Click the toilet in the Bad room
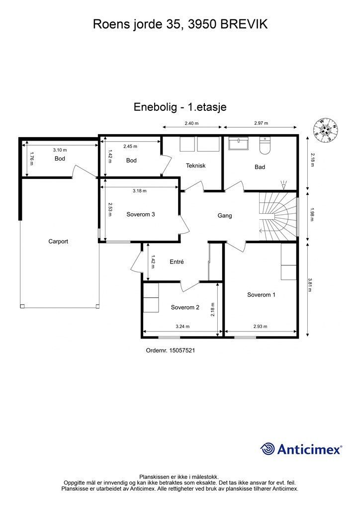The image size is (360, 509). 265,146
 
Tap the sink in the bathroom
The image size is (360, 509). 239,143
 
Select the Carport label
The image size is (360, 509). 59,241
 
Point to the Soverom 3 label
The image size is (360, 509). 141,214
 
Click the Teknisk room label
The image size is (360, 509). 196,166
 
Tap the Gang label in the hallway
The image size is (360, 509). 225,216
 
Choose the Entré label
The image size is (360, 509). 177,261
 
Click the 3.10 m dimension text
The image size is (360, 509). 60,150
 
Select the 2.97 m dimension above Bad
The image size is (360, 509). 262,123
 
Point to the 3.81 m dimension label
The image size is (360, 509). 310,285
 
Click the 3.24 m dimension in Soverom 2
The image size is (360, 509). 183,327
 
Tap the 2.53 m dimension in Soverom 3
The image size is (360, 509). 109,209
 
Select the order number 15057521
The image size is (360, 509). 182,350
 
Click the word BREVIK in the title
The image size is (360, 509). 244,24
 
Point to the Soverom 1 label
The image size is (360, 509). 262,295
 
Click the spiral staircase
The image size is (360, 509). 278,217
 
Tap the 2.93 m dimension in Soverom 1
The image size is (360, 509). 261,327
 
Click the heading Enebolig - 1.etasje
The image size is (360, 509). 180,107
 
